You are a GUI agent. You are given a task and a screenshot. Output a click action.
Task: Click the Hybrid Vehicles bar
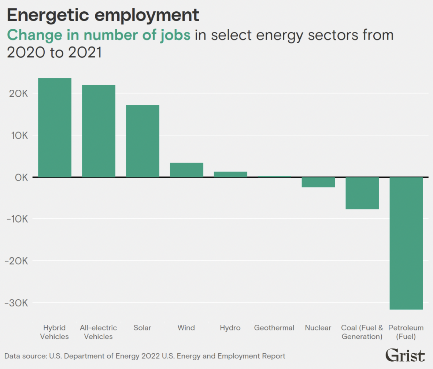pyautogui.click(x=55, y=128)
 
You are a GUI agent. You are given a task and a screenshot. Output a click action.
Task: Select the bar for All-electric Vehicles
pyautogui.click(x=99, y=131)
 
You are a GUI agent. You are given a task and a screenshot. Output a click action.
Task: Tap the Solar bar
pyautogui.click(x=143, y=141)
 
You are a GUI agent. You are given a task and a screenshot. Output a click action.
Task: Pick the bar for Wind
pyautogui.click(x=186, y=170)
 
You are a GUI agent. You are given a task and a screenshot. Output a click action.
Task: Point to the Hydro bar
pyautogui.click(x=230, y=174)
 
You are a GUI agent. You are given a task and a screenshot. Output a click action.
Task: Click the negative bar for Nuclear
pyautogui.click(x=318, y=182)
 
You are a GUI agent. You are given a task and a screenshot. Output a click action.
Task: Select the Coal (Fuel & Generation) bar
pyautogui.click(x=362, y=193)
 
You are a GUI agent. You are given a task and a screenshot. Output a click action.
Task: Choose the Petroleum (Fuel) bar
pyautogui.click(x=406, y=243)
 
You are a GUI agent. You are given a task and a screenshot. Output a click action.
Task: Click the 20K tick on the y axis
pyautogui.click(x=18, y=94)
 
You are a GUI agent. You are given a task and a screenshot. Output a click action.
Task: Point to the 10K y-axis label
pyautogui.click(x=18, y=135)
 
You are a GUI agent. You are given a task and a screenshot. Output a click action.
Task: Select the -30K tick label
pyautogui.click(x=16, y=303)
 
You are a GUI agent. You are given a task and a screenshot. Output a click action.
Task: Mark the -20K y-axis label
pyautogui.click(x=16, y=261)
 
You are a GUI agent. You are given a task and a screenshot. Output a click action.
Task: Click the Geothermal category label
pyautogui.click(x=274, y=328)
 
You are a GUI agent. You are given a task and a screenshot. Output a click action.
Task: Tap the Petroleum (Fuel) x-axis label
pyautogui.click(x=406, y=332)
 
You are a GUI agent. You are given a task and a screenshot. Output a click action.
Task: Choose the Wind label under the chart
pyautogui.click(x=186, y=328)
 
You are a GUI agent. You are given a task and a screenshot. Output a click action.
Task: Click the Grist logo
pyautogui.click(x=405, y=355)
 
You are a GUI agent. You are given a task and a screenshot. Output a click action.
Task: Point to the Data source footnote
pyautogui.click(x=145, y=356)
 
